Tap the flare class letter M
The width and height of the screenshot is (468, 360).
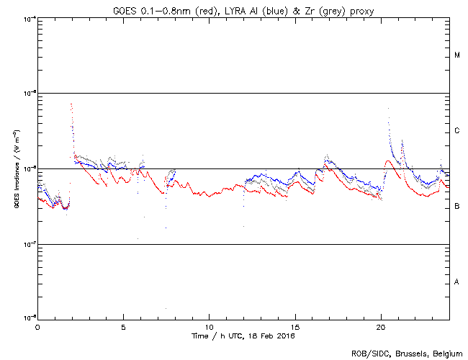[x=457, y=55]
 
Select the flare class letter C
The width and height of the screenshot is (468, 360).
[x=457, y=131]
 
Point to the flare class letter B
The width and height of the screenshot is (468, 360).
[x=457, y=206]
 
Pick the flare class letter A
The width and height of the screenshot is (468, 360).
[x=457, y=282]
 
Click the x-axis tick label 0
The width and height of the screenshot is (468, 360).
[x=37, y=327]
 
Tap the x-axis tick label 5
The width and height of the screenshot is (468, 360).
[x=123, y=327]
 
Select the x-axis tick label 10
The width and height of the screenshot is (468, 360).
[x=209, y=327]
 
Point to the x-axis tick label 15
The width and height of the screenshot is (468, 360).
[x=295, y=327]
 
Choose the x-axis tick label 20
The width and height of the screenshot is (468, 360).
[x=381, y=327]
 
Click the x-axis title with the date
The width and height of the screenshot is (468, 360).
[x=243, y=336]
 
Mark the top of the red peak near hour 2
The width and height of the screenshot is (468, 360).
[x=71, y=104]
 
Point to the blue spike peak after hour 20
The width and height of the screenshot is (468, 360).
[x=389, y=109]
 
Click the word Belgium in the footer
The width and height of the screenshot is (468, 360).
[x=447, y=353]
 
